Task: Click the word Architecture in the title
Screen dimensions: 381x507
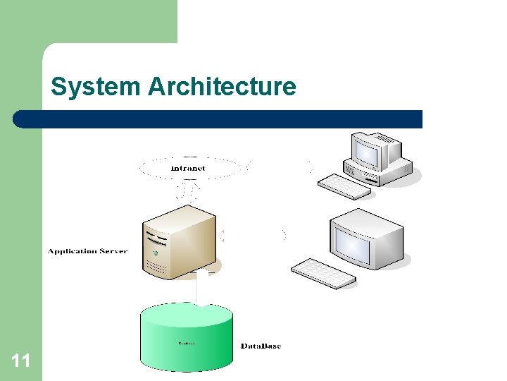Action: coord(222,87)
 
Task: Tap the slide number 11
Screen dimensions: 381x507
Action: coord(21,361)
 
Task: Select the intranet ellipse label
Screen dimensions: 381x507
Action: coord(189,169)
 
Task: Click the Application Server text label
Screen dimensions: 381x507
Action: coord(87,251)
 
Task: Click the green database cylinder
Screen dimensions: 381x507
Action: coord(187,339)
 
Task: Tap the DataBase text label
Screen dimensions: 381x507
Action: coord(261,346)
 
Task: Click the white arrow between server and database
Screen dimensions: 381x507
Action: coord(201,289)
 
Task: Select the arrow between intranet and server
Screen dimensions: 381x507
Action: coord(188,190)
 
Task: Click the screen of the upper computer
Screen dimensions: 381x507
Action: coord(369,150)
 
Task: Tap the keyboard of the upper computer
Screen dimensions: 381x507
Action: coord(344,187)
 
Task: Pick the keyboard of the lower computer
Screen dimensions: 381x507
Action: coord(324,273)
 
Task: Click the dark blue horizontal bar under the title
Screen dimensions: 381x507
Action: coord(218,119)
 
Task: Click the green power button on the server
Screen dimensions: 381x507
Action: coord(154,252)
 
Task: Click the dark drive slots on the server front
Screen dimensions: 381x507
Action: coord(156,235)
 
